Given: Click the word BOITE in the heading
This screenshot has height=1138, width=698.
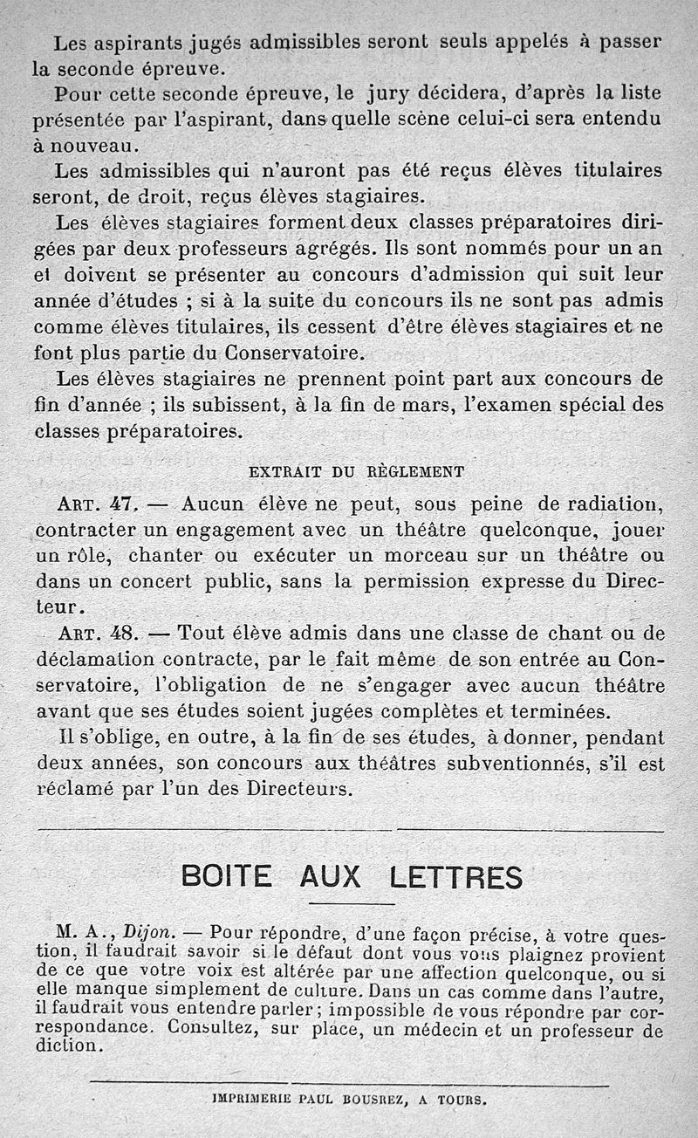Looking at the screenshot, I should pyautogui.click(x=227, y=875).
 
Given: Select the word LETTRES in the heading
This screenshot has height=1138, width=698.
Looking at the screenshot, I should pyautogui.click(x=455, y=875).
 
